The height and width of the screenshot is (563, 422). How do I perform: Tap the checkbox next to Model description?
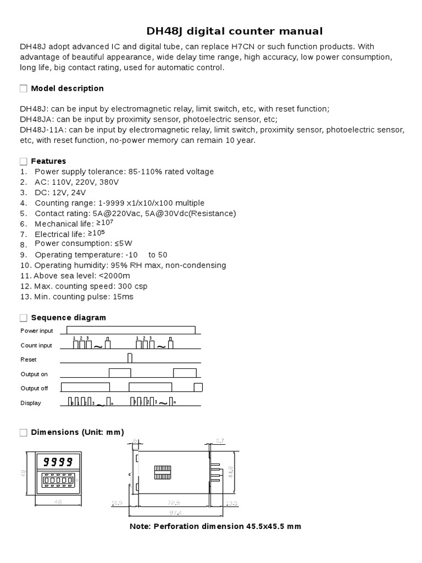(x=23, y=89)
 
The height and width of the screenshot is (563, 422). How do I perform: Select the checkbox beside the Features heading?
(x=23, y=161)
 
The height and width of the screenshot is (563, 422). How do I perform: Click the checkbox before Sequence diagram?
(x=23, y=318)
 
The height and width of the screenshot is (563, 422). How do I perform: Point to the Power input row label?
(x=37, y=330)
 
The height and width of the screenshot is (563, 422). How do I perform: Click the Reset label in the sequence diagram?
(x=28, y=359)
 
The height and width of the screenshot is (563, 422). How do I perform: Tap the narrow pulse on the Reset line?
(x=130, y=358)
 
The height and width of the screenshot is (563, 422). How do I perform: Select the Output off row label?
(x=34, y=388)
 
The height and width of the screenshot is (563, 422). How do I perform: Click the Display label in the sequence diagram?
(x=31, y=403)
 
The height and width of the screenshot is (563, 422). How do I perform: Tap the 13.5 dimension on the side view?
(x=231, y=503)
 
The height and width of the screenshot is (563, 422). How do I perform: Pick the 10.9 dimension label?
(x=116, y=503)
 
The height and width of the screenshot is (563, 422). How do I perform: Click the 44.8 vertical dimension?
(x=231, y=472)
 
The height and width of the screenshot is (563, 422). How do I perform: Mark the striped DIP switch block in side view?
(x=162, y=471)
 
